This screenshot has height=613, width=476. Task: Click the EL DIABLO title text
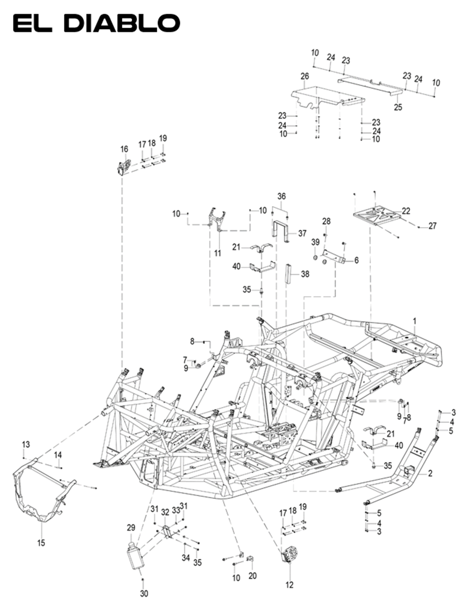(96, 23)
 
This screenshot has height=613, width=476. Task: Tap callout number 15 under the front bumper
(41, 543)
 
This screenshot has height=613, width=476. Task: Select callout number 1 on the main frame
(414, 321)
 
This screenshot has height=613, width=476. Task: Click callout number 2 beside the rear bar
(430, 473)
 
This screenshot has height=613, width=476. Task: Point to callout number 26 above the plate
(305, 76)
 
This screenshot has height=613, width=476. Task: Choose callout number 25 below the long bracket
(398, 107)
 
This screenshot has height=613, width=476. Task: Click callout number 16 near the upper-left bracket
(124, 149)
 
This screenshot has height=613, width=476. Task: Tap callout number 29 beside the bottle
(131, 528)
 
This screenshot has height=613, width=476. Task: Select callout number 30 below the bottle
(144, 593)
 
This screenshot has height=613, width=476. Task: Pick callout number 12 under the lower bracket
(289, 584)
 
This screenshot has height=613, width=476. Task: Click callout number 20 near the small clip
(252, 576)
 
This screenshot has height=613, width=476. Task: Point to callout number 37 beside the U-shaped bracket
(302, 233)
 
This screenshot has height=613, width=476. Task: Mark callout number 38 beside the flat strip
(305, 274)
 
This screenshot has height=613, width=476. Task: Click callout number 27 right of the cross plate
(432, 226)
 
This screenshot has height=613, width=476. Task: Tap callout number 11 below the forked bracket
(217, 253)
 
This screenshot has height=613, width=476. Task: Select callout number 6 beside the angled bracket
(356, 260)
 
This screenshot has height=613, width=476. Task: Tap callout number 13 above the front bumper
(26, 444)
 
